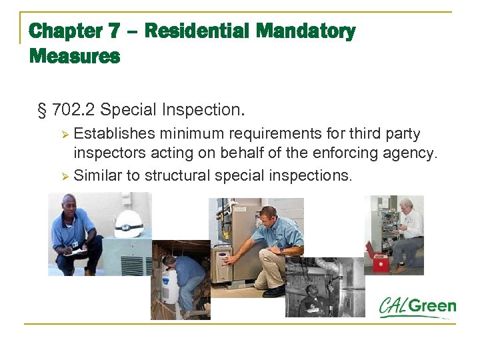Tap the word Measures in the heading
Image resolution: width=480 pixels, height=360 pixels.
click(75, 57)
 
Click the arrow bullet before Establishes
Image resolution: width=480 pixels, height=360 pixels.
click(65, 135)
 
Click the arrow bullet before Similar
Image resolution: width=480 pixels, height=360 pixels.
click(65, 176)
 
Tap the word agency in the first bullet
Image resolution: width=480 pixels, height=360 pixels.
click(411, 153)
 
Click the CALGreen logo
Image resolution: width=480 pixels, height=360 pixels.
click(417, 307)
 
